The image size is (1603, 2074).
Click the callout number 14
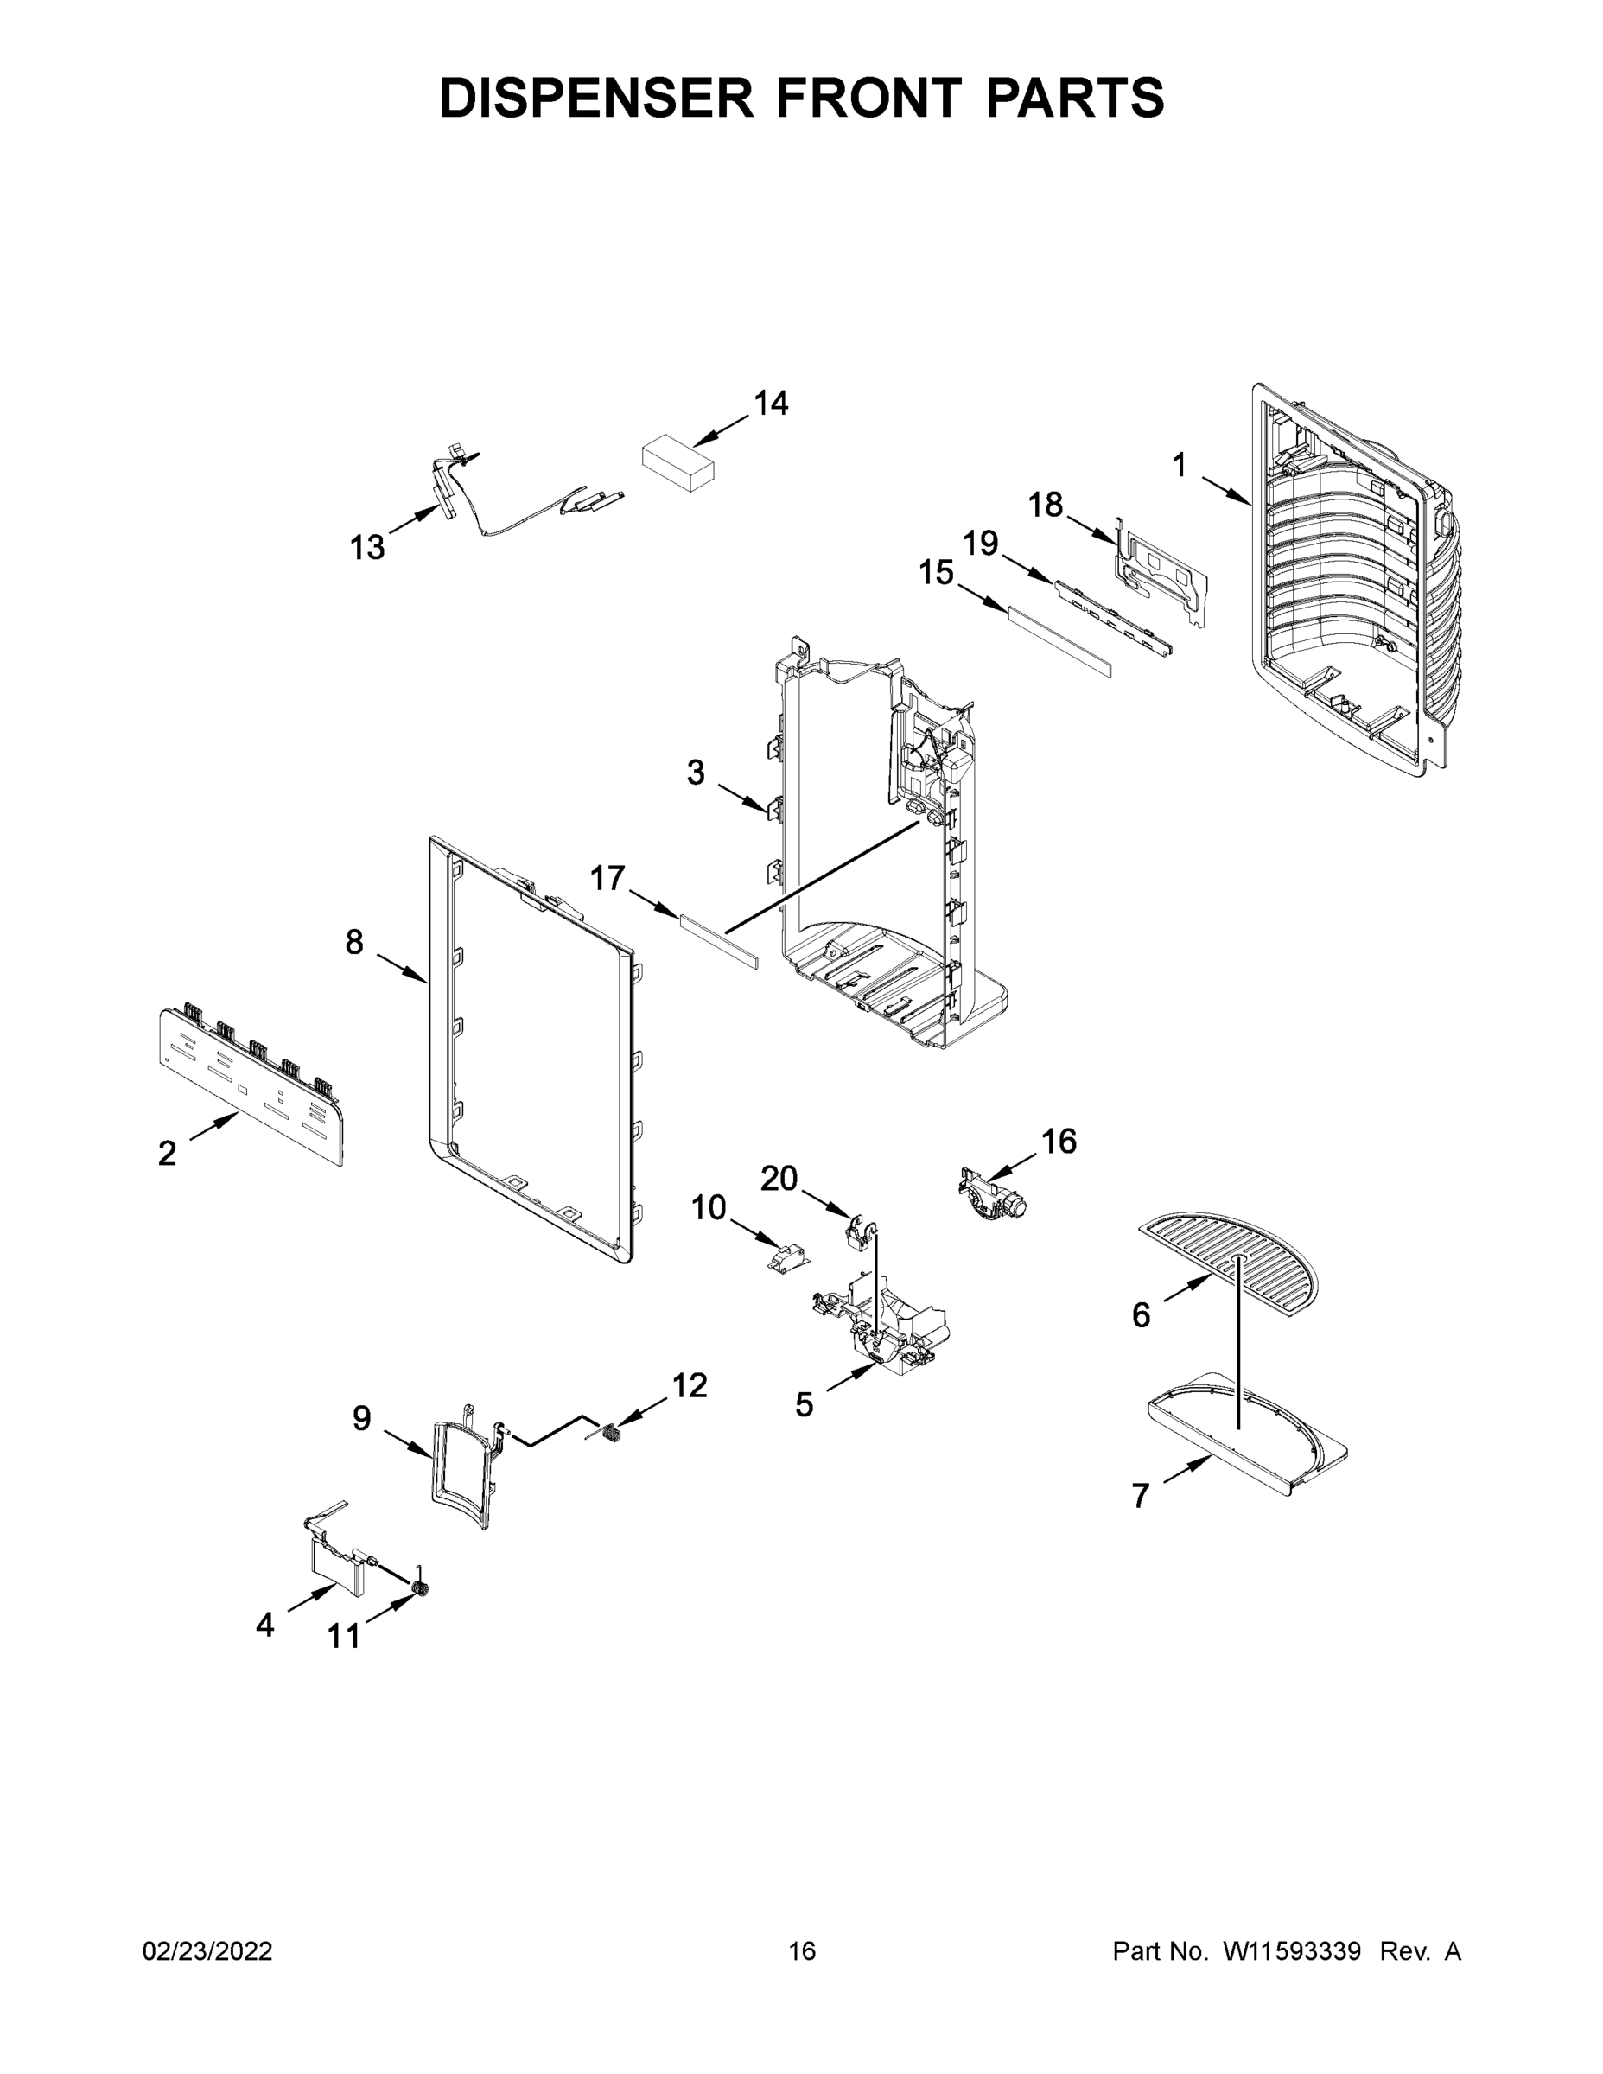pyautogui.click(x=770, y=404)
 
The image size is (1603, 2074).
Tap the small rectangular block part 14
pyautogui.click(x=678, y=462)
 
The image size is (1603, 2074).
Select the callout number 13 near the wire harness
pyautogui.click(x=367, y=547)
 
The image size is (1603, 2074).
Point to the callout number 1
pyautogui.click(x=1179, y=465)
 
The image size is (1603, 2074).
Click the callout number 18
pyautogui.click(x=1046, y=505)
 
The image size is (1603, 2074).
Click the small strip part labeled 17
pyautogui.click(x=719, y=940)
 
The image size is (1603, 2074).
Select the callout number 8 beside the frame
pyautogui.click(x=353, y=942)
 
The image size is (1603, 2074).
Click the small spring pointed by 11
pyautogui.click(x=419, y=1588)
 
